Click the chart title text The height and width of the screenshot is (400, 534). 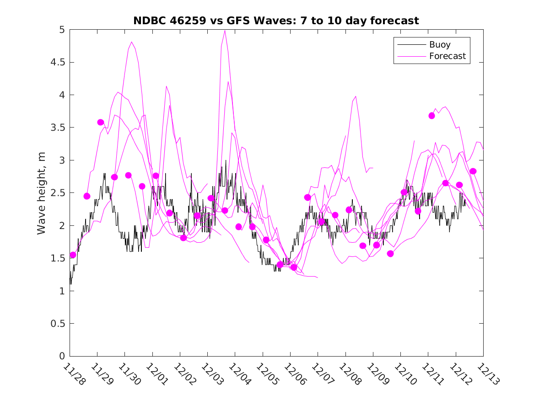(x=276, y=21)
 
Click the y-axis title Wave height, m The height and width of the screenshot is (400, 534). (x=42, y=193)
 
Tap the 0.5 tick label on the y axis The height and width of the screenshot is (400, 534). (x=58, y=324)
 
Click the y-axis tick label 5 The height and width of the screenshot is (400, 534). (x=61, y=30)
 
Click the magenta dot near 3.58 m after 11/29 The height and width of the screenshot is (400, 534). (x=101, y=122)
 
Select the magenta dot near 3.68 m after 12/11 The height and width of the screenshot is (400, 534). (x=432, y=116)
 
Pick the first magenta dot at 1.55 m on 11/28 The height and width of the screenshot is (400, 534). (x=73, y=255)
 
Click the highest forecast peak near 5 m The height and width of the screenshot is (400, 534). (x=225, y=31)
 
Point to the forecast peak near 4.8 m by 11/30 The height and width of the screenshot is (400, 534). (x=132, y=42)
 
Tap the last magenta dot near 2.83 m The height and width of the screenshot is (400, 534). (x=473, y=171)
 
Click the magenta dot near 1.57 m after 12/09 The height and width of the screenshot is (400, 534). (x=390, y=253)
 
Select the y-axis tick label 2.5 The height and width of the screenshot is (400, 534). (x=58, y=193)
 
